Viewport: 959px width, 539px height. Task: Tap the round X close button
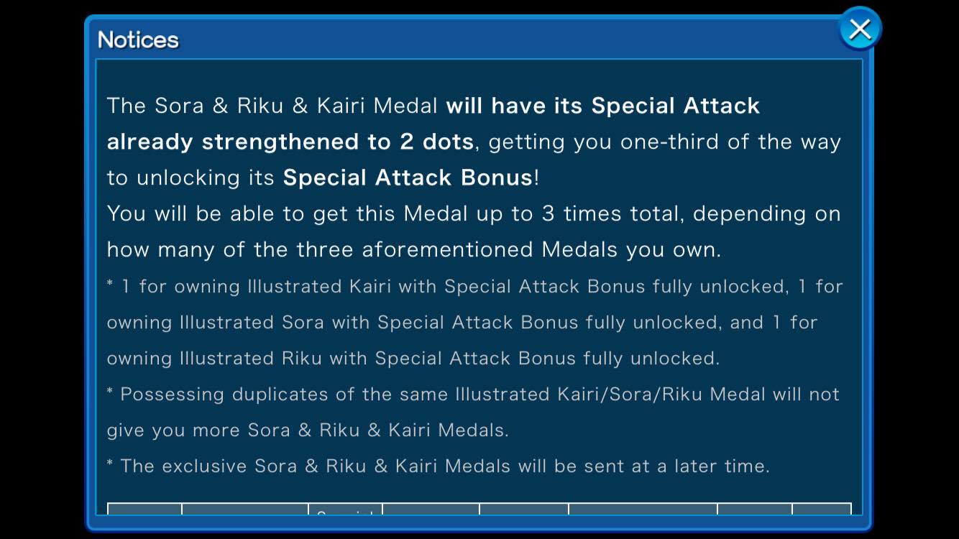(860, 29)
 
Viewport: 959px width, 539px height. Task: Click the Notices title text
(138, 40)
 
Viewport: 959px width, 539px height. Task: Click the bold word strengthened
(280, 142)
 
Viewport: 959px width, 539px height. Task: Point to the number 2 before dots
(406, 142)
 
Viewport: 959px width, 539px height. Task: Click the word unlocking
(188, 178)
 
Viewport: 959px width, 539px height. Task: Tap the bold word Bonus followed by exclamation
(496, 178)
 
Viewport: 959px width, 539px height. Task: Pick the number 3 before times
(548, 213)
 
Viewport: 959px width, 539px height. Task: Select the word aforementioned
(447, 249)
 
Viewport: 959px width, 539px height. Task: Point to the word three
(324, 249)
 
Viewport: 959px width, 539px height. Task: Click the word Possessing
(172, 395)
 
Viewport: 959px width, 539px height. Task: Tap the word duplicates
(280, 395)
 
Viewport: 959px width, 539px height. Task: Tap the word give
(125, 430)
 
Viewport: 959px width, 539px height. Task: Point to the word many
(186, 250)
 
